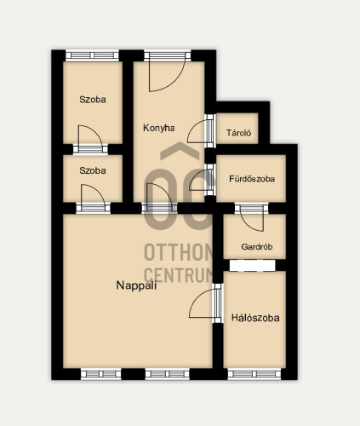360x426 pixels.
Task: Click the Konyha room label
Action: (159, 128)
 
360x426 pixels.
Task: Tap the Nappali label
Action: (136, 285)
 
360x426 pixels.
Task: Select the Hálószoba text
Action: (255, 318)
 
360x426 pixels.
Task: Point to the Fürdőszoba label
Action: (252, 179)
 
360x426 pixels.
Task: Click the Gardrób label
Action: (257, 246)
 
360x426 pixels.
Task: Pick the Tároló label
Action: (238, 133)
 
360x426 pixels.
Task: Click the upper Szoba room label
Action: (93, 100)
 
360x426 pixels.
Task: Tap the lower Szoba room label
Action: (93, 170)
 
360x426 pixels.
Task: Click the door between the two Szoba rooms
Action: (90, 139)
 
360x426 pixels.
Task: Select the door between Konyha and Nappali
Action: (159, 199)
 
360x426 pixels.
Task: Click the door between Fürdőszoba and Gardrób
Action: (252, 217)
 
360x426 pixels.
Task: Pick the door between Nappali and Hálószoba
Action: (206, 303)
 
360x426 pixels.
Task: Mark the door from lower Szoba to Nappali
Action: (93, 199)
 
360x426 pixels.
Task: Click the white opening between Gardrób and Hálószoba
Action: (253, 266)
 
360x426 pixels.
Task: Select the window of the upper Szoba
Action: (92, 55)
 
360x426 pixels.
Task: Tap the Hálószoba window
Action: (254, 374)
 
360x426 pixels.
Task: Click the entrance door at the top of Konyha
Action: (168, 71)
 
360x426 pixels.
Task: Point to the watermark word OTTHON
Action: (178, 252)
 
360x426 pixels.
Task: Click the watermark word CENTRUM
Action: (178, 274)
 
